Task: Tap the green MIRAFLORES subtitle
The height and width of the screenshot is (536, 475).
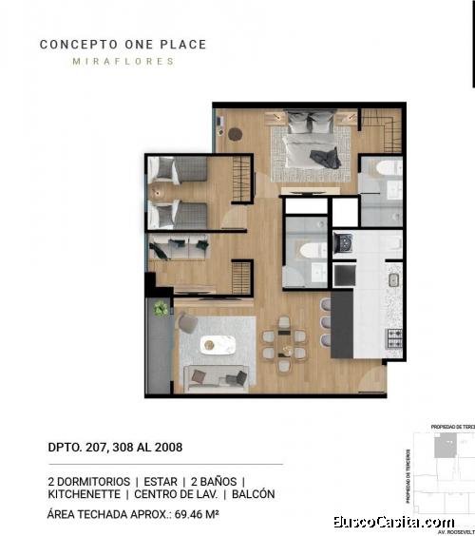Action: tap(123, 62)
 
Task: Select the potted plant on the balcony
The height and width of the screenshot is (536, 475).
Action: tap(161, 309)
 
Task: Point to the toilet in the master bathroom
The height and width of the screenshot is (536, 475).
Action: tap(382, 171)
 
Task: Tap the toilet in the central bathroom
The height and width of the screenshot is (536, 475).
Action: tap(311, 249)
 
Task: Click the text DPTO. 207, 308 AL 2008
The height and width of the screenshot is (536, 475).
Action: tap(115, 447)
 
